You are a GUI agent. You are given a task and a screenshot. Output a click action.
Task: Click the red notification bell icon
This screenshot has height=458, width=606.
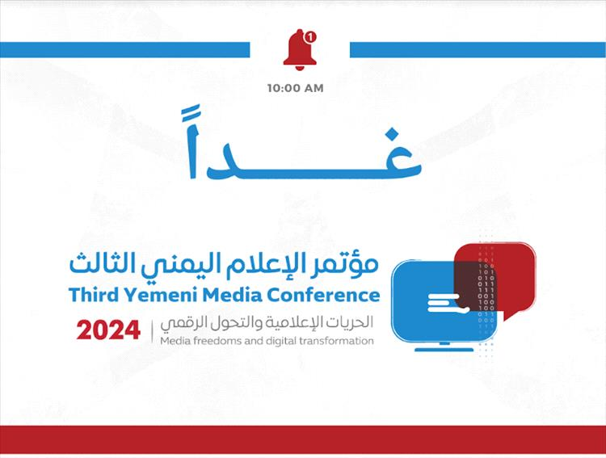(x=300, y=50)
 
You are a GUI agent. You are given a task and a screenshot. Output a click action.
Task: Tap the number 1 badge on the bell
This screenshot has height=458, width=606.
(x=310, y=37)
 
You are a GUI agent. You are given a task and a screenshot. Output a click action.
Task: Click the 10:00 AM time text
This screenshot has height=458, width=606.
(x=295, y=88)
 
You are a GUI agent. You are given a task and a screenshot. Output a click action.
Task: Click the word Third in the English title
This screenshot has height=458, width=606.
(x=94, y=295)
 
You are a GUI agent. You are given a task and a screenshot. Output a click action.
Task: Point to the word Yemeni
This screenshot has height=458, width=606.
(x=161, y=295)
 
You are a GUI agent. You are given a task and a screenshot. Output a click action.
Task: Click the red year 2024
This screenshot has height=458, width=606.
(x=108, y=330)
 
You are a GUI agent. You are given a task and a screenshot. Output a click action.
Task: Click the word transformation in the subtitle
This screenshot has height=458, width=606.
(x=336, y=341)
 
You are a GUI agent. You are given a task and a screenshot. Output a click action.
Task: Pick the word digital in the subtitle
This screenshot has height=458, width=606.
(x=281, y=341)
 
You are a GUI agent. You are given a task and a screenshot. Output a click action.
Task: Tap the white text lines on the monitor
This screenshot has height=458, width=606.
(x=448, y=304)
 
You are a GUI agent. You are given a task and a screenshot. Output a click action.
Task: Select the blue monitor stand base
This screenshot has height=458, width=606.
(x=444, y=350)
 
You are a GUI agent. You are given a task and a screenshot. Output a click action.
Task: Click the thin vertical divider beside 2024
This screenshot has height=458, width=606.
(x=152, y=330)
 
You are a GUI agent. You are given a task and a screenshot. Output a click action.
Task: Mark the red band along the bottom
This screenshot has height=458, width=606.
(x=303, y=440)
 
